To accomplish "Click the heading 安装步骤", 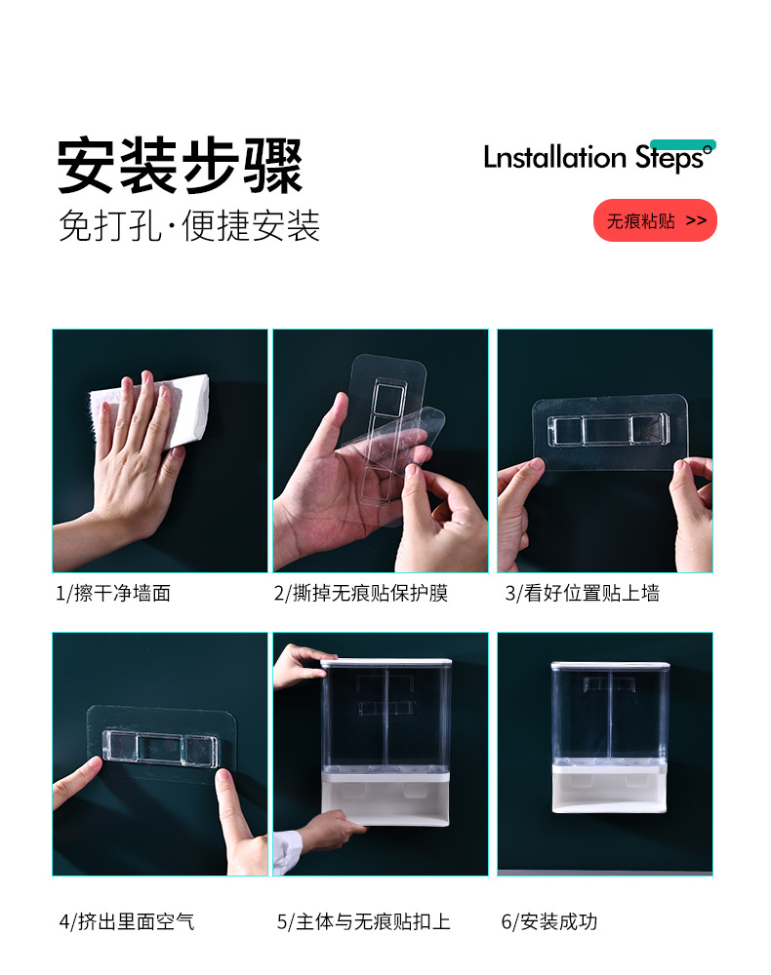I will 180,166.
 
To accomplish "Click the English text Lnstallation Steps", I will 595,158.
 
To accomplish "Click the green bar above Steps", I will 682,144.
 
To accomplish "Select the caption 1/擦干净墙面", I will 112,593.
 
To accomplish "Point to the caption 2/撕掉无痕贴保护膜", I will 360,593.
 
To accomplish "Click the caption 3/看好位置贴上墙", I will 582,593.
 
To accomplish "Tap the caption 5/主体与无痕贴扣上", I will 363,921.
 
